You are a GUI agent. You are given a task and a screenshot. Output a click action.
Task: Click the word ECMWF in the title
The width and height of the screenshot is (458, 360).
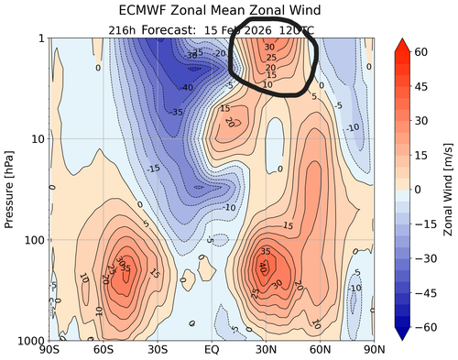click(x=147, y=11)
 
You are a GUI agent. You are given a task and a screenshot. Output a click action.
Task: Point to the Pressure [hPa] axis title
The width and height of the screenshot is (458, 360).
click(x=10, y=189)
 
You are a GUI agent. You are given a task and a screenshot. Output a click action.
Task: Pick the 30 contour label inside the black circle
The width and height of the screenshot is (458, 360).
click(x=268, y=46)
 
